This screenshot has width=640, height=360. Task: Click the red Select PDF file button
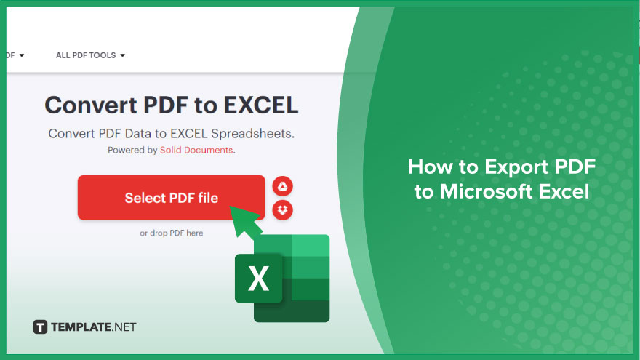pyautogui.click(x=172, y=198)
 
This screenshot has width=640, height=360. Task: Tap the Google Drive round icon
pyautogui.click(x=282, y=186)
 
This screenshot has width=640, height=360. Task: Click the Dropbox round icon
pyautogui.click(x=282, y=210)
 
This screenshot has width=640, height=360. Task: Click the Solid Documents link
pyautogui.click(x=196, y=150)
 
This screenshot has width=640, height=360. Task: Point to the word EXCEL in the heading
pyautogui.click(x=261, y=105)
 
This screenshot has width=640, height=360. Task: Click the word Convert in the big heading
pyautogui.click(x=91, y=105)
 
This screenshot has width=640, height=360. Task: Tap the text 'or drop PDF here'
pyautogui.click(x=172, y=233)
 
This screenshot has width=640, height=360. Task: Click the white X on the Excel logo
pyautogui.click(x=258, y=279)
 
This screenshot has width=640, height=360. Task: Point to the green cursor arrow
pyautogui.click(x=246, y=222)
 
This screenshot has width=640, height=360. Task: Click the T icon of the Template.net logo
pyautogui.click(x=40, y=327)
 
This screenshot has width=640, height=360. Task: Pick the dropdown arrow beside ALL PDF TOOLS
pyautogui.click(x=122, y=55)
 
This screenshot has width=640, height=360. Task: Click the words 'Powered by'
pyautogui.click(x=132, y=151)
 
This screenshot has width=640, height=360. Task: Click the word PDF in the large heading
pyautogui.click(x=166, y=105)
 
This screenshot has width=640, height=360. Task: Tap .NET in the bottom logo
pyautogui.click(x=124, y=327)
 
